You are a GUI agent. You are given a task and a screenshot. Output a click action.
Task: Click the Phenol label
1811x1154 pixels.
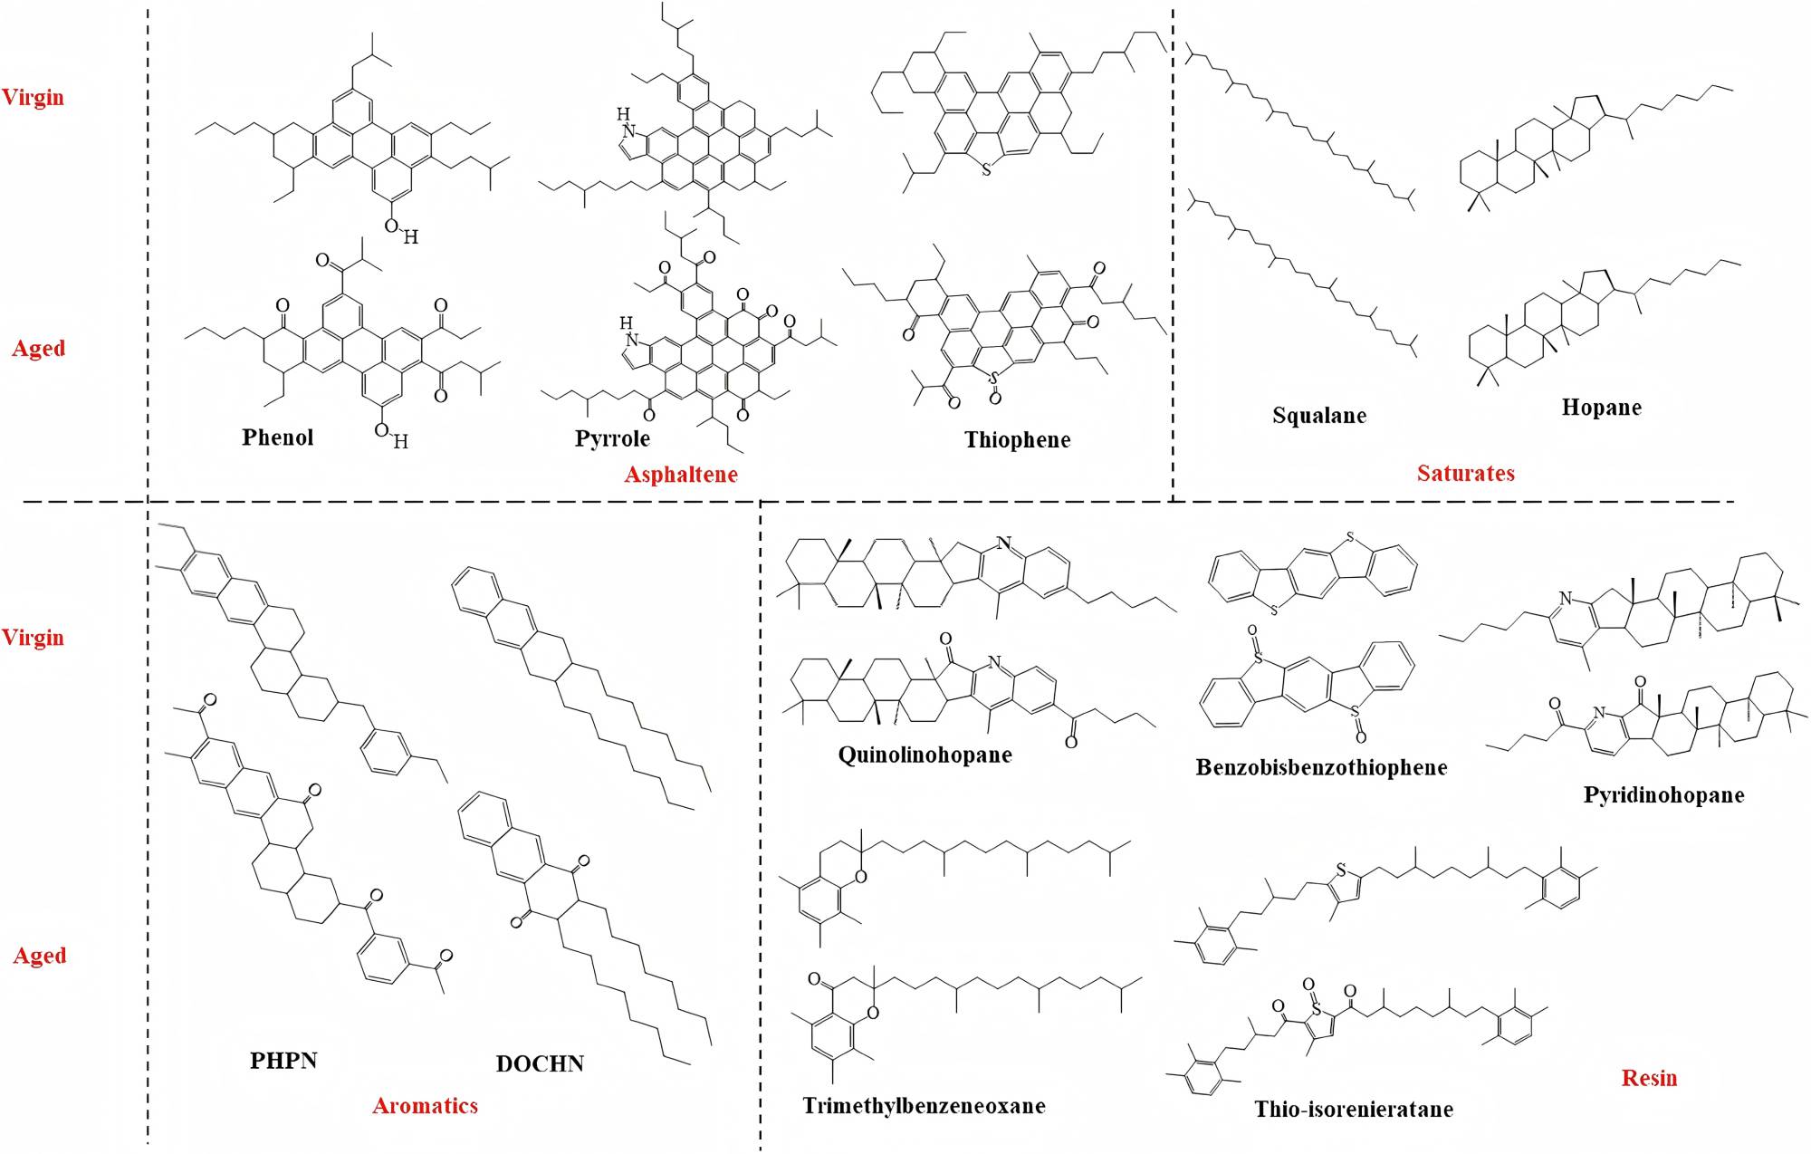(277, 438)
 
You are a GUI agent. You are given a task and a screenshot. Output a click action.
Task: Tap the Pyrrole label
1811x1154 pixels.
(612, 439)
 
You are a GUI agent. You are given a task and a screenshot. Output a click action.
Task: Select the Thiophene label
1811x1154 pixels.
(1017, 440)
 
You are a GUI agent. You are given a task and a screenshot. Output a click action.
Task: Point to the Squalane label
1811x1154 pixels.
(1318, 416)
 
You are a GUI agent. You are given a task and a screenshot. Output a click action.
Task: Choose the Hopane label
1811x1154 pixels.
(1601, 408)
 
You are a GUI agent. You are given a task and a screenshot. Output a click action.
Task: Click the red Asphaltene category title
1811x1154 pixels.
(681, 474)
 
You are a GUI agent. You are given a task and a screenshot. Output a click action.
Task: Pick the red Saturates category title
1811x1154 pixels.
(1465, 473)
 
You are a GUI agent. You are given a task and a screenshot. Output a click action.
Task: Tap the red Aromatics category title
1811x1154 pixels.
(425, 1105)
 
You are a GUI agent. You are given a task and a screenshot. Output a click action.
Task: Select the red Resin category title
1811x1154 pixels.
(1649, 1078)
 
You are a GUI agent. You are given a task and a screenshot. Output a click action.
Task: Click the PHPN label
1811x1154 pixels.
(283, 1060)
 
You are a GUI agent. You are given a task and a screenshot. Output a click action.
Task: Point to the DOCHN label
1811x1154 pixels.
(540, 1063)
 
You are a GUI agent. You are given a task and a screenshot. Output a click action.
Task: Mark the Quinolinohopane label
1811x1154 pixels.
(925, 755)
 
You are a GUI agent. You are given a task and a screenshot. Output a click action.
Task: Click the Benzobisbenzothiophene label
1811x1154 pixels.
(1321, 767)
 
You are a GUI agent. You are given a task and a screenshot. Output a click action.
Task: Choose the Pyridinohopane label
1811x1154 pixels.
(1663, 795)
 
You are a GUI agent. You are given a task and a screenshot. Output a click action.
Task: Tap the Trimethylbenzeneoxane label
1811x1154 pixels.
(924, 1106)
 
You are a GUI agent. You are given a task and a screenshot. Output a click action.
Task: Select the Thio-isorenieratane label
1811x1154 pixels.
(1354, 1110)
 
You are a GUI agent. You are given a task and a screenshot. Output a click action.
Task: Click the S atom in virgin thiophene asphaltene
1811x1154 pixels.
(986, 169)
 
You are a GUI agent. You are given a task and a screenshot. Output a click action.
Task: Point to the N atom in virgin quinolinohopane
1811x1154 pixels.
(1002, 543)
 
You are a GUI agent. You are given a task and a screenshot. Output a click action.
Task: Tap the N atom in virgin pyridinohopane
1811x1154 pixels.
(1564, 599)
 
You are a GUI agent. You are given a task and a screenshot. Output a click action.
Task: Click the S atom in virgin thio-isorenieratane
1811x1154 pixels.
(1342, 871)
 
